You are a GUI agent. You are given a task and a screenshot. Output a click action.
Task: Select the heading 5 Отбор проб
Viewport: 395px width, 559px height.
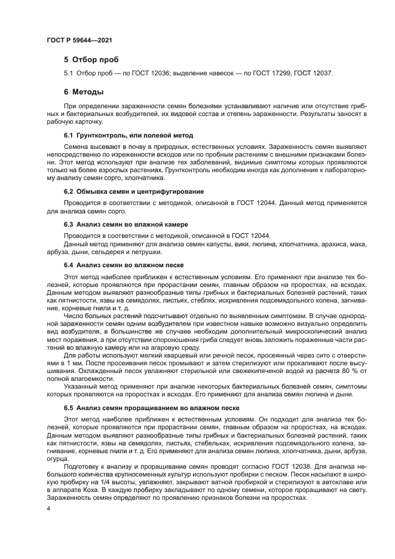tap(91, 60)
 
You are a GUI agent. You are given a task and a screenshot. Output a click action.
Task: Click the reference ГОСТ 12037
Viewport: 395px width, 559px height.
tap(314, 74)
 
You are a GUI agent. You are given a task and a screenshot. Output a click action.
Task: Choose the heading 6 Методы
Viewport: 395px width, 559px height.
tap(84, 93)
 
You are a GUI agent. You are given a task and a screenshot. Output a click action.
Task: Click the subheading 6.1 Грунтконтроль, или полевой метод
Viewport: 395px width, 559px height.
tap(128, 136)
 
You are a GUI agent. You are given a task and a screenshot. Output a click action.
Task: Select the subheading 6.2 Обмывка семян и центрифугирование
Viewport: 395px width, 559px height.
tap(133, 192)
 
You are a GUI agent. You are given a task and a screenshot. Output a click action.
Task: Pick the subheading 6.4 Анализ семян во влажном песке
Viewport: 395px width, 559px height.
tap(123, 264)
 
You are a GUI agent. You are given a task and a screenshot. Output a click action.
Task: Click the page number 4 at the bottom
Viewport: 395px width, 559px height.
tap(48, 508)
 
